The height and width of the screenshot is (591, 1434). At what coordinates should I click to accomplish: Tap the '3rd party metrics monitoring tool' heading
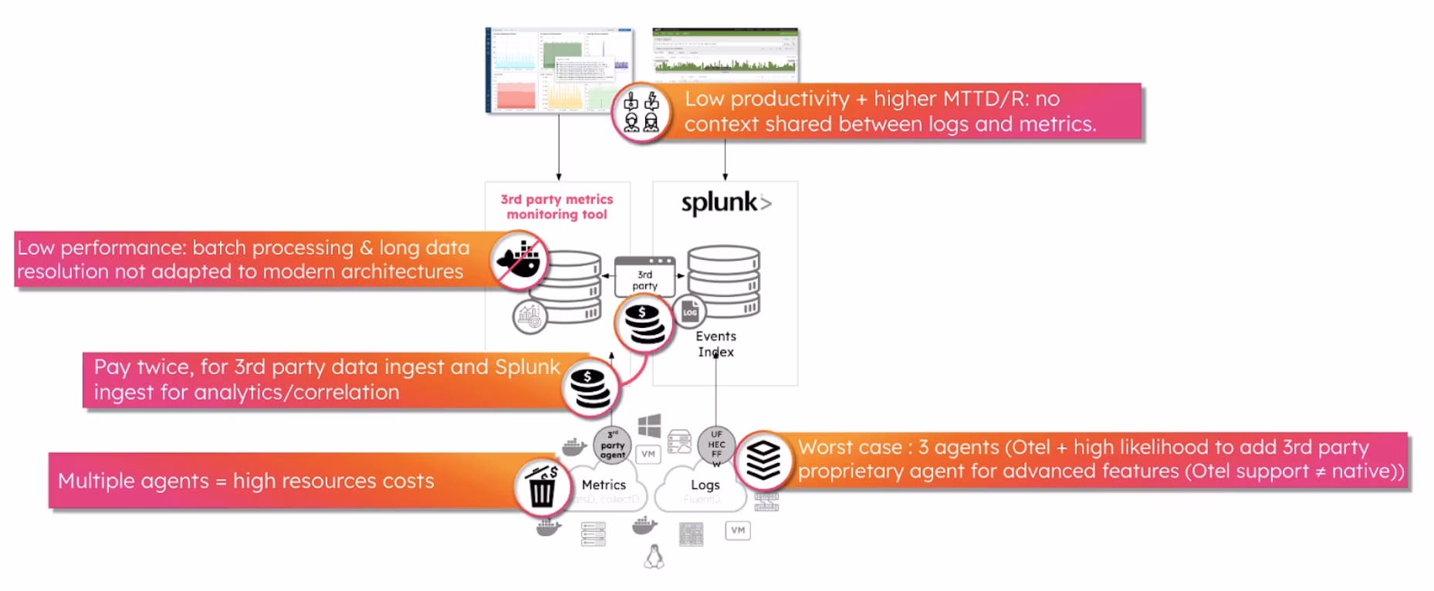tap(556, 207)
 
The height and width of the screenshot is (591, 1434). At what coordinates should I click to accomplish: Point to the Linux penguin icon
tap(654, 556)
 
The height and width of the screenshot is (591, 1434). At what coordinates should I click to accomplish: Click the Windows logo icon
tap(649, 425)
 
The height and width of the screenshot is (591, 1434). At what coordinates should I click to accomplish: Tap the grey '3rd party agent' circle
tap(612, 446)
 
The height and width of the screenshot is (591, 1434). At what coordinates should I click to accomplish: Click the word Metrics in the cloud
tap(604, 485)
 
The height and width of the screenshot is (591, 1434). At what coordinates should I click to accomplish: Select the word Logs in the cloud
tap(705, 485)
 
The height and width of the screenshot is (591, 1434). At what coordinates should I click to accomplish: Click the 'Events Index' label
tap(715, 344)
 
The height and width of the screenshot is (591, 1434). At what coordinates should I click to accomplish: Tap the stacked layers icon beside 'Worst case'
tap(763, 461)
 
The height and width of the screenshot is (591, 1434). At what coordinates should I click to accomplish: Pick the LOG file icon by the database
tap(689, 312)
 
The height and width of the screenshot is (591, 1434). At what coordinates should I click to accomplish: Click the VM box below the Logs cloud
tap(738, 530)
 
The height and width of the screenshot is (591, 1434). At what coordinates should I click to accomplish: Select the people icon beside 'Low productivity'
tap(641, 112)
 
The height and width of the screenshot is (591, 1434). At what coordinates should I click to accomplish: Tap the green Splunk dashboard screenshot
tap(725, 53)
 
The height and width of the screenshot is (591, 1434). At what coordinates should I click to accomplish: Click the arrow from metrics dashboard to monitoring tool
tap(559, 147)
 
